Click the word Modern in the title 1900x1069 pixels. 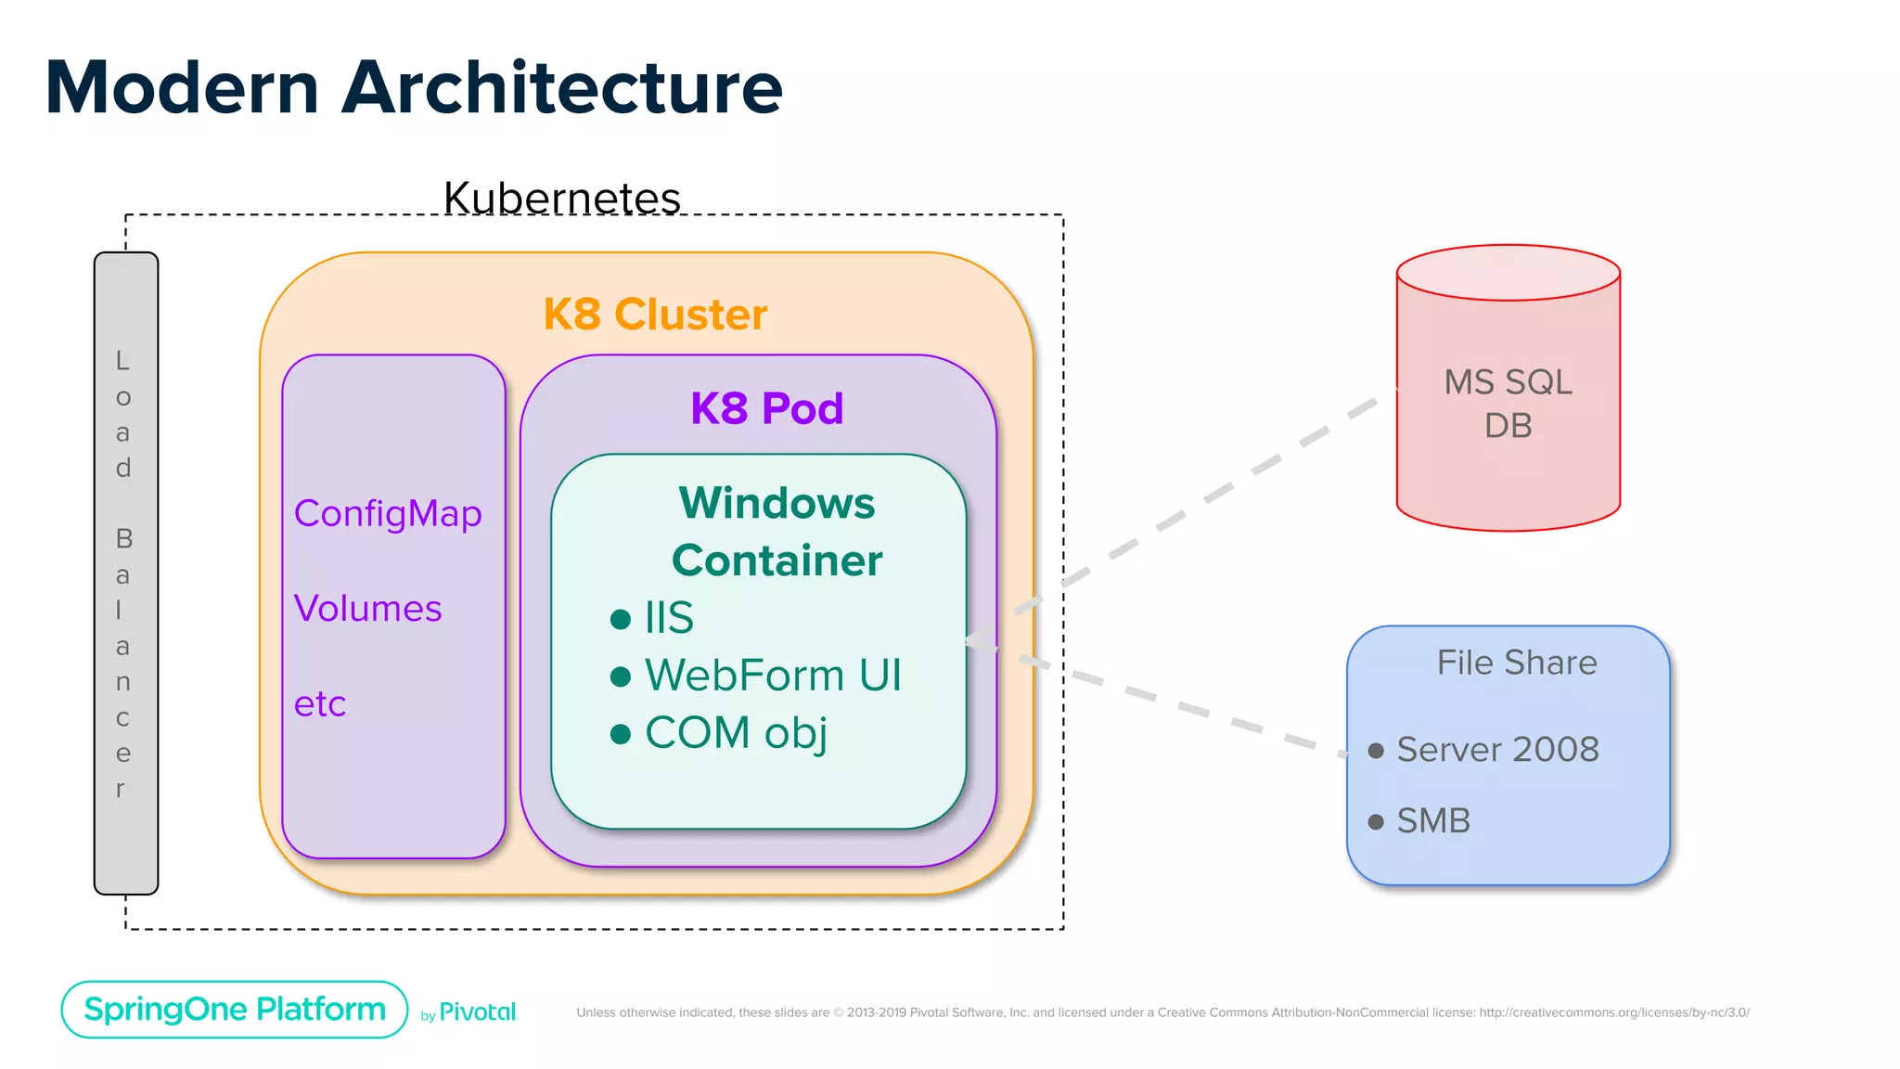coord(182,88)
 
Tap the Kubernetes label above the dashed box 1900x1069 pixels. coord(561,198)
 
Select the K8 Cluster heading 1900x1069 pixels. coord(655,315)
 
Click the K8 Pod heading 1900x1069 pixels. coord(766,408)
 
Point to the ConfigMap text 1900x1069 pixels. coord(388,513)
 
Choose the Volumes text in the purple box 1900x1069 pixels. coord(367,609)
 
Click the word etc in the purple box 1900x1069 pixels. coord(320,703)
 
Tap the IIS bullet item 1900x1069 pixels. coord(668,618)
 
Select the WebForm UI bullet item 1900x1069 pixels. coord(772,676)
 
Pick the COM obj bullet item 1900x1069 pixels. coord(735,733)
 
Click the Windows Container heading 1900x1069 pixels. coord(777,532)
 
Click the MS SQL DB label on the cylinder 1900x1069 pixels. coord(1508,404)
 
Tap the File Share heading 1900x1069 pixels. coord(1517,663)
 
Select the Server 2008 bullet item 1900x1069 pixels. coord(1497,750)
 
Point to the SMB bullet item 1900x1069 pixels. coord(1433,821)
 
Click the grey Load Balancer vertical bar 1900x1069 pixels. coord(126,573)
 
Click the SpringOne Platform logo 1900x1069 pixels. coord(235,1010)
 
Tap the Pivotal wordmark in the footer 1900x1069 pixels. coord(477,1012)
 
